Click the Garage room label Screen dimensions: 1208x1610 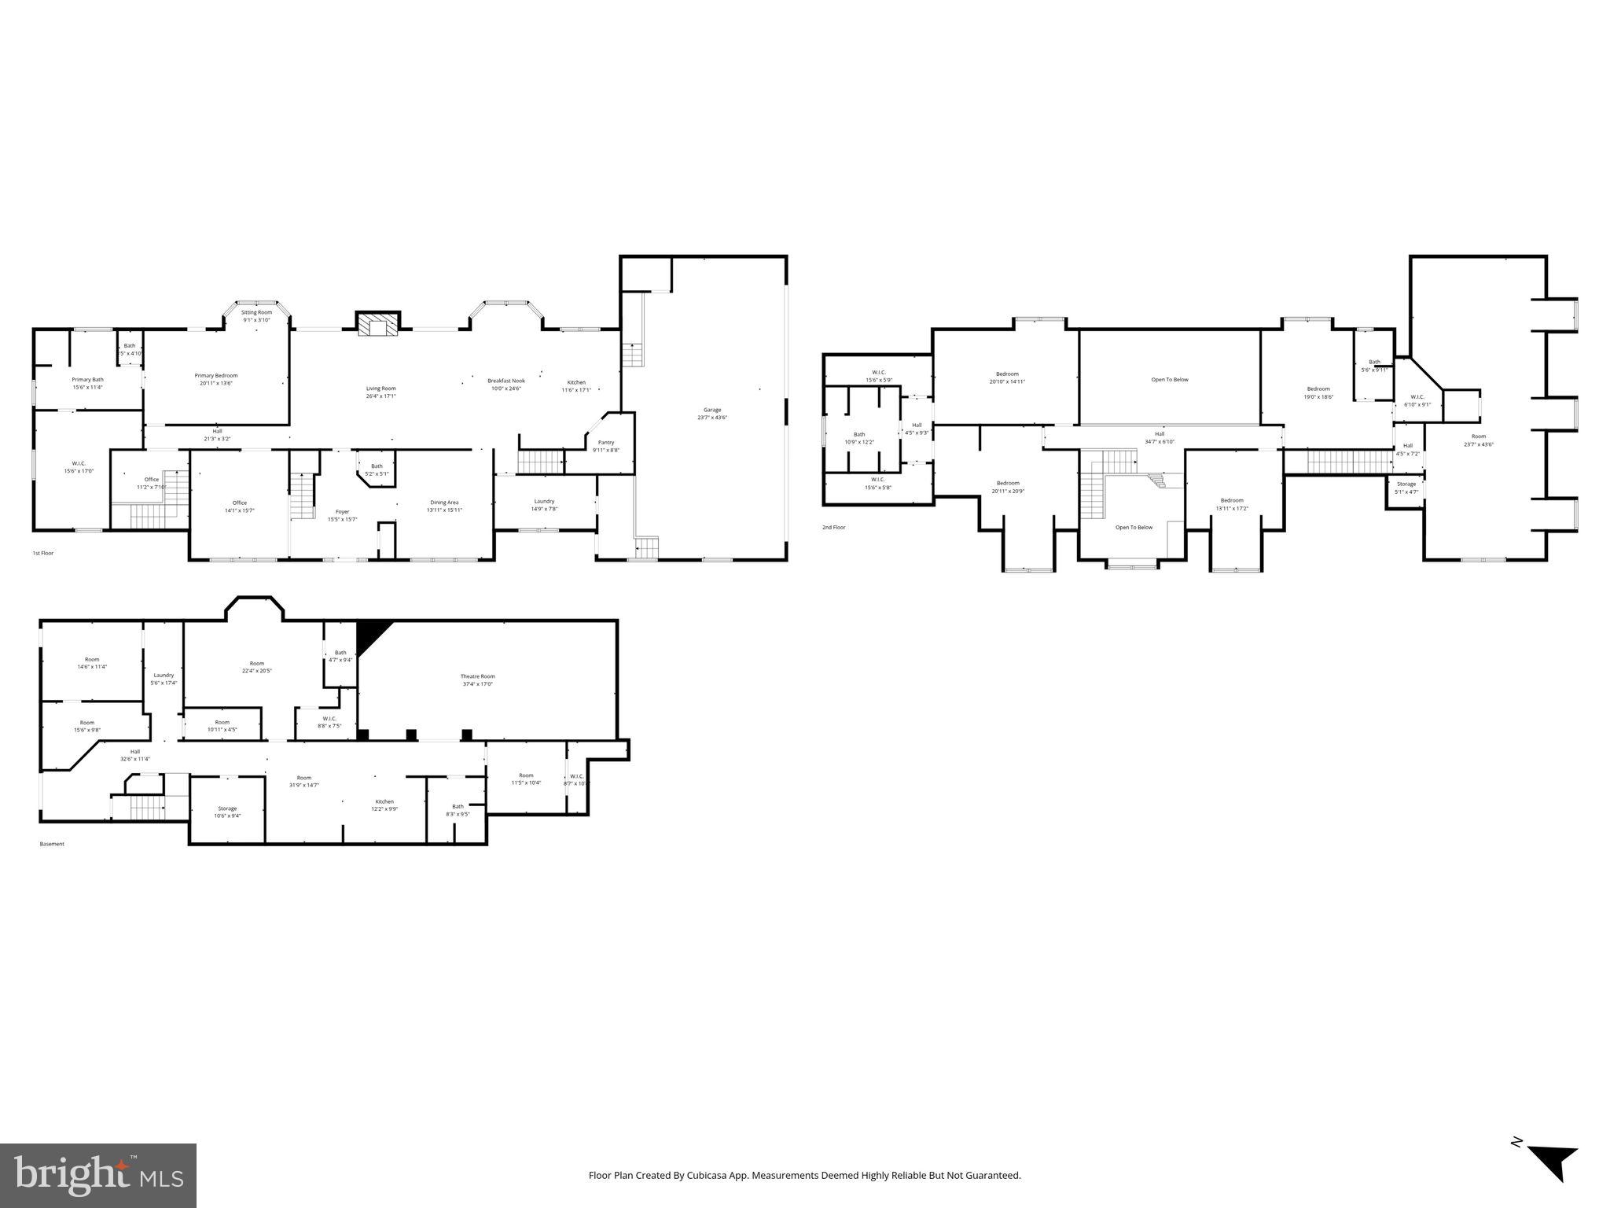(712, 410)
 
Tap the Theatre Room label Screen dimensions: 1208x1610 (477, 676)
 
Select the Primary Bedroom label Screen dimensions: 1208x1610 (216, 375)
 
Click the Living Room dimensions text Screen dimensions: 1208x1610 (380, 396)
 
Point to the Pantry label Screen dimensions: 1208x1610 (605, 442)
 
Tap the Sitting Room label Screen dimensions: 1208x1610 (256, 312)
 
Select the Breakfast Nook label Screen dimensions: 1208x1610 (505, 381)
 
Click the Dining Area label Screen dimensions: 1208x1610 (444, 503)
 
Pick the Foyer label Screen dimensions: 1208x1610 (342, 511)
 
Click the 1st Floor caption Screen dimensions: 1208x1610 (42, 553)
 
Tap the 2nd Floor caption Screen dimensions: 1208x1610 (833, 527)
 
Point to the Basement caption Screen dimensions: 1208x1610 (52, 844)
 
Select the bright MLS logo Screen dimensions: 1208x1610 (98, 1175)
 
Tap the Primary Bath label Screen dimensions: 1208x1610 (87, 379)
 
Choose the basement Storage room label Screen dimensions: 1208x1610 (227, 808)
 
